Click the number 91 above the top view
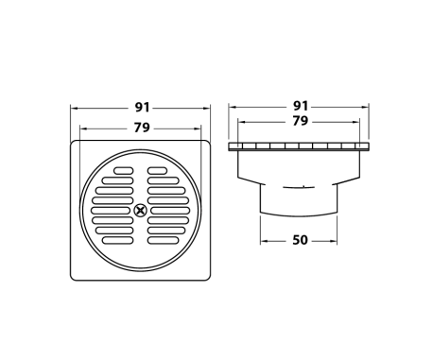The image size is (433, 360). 141,106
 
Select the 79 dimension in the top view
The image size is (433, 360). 141,127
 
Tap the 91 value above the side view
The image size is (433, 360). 300,106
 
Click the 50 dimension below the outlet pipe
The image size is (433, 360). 300,240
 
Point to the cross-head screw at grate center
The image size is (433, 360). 141,210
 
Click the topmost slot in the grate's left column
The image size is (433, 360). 122,172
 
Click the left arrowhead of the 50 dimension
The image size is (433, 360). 264,240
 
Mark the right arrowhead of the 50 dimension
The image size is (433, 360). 336,240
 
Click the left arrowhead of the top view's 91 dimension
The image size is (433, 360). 74,106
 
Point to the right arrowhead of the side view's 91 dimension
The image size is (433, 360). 371,106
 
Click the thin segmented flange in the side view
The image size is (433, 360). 300,147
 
